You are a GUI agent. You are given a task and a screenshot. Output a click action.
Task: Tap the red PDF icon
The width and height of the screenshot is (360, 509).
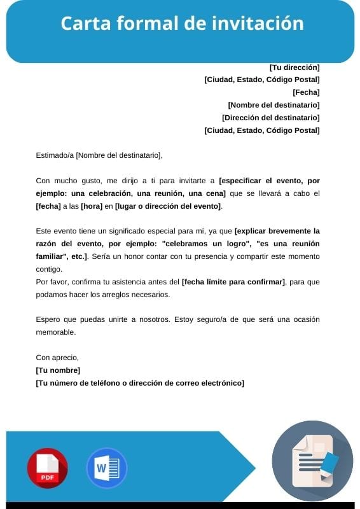coord(47,468)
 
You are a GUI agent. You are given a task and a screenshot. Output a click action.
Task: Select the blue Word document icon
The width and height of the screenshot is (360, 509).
coord(106,468)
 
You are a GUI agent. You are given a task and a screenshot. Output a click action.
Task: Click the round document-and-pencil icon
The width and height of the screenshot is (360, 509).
coord(312,461)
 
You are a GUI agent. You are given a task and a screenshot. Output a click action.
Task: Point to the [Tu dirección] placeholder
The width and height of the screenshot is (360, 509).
coord(294,67)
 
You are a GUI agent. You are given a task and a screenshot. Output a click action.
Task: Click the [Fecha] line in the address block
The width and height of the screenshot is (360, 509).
coord(306,92)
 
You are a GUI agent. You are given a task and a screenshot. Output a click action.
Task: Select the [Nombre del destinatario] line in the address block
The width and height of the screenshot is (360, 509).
coord(273,105)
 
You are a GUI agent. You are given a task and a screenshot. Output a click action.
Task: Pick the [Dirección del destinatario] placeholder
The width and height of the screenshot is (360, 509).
coord(270,118)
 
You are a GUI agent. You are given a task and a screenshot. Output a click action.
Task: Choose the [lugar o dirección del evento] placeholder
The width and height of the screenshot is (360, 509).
coord(168,206)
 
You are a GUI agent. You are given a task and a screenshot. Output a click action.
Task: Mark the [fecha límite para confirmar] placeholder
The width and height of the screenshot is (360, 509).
coord(233,281)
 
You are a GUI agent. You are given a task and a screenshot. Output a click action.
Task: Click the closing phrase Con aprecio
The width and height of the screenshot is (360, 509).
coord(57,358)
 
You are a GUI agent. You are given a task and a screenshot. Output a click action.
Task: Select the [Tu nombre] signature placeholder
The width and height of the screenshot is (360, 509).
coord(58,370)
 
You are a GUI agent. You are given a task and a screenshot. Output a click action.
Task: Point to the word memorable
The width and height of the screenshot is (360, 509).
coord(56,332)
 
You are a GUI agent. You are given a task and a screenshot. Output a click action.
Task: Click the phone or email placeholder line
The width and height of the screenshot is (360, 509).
coord(140,383)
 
